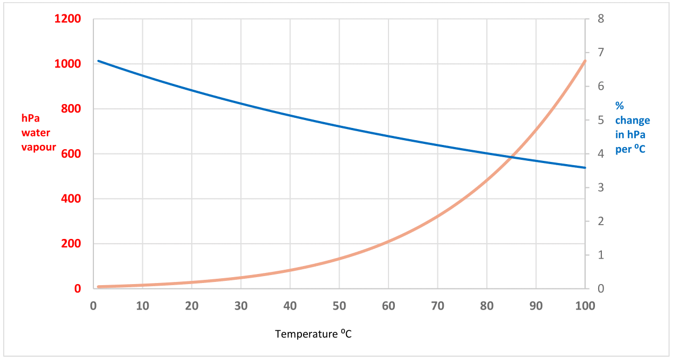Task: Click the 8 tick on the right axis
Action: tap(601, 19)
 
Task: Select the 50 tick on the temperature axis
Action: tap(339, 306)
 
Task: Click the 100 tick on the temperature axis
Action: tap(584, 306)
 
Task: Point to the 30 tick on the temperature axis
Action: tap(241, 306)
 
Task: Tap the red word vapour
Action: tap(38, 147)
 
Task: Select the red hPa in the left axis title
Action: tap(30, 118)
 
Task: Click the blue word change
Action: tap(632, 121)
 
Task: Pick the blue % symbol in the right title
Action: tap(619, 106)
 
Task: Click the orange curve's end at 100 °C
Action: tap(585, 61)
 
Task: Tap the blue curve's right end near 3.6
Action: tap(585, 168)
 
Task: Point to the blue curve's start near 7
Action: tap(99, 61)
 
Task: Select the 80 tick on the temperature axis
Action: tap(487, 306)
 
